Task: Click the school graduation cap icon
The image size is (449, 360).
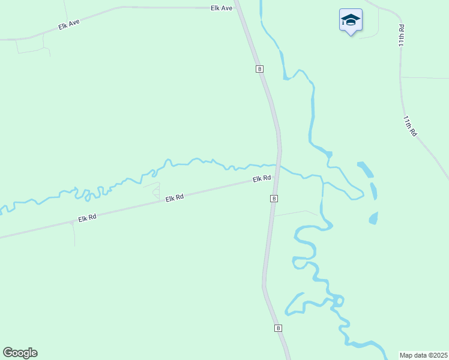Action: click(351, 20)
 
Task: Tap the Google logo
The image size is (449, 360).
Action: click(20, 352)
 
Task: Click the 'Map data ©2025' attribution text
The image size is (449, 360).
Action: click(424, 355)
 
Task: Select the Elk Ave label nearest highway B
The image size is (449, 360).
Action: click(221, 8)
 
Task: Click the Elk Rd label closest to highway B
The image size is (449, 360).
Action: click(262, 179)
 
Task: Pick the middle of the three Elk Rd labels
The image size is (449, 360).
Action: click(174, 197)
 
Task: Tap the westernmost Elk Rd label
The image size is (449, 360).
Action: click(87, 217)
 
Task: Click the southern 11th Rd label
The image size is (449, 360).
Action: click(410, 127)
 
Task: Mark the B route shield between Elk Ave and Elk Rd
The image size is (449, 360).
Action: click(259, 69)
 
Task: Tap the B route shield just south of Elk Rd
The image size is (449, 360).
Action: click(274, 198)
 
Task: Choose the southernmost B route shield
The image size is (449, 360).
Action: click(278, 328)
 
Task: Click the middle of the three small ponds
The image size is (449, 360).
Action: click(374, 191)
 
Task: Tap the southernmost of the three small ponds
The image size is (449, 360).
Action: click(373, 218)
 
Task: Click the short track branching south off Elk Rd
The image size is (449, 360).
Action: click(74, 234)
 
